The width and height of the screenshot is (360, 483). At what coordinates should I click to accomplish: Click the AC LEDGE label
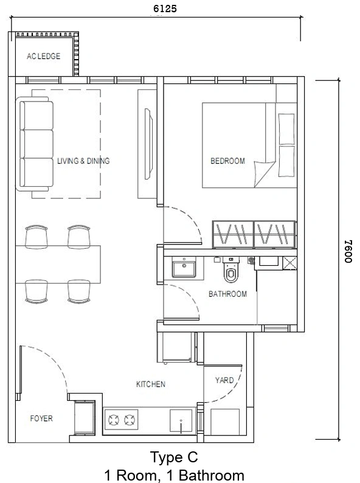pos(43,57)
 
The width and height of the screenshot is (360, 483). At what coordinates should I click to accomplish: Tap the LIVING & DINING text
pos(83,161)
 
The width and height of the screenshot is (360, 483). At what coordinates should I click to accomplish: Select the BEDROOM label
pos(227,161)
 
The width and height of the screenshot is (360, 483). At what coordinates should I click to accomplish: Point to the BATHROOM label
pos(227,294)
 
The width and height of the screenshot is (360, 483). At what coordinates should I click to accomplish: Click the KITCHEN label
pos(151,384)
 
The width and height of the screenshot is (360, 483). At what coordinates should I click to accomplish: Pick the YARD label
pos(224,380)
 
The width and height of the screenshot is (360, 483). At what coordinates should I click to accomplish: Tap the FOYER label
pos(41,419)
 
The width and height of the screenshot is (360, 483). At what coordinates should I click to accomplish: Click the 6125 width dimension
pos(165,9)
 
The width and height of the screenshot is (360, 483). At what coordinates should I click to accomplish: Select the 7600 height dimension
pos(348,251)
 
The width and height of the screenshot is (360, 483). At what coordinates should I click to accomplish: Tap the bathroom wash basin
pos(184,269)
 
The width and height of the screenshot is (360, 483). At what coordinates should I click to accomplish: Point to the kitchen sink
pos(181,421)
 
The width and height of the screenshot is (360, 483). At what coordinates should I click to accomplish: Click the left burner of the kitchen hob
pos(114,420)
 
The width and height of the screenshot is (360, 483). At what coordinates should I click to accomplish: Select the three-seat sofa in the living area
pos(35,144)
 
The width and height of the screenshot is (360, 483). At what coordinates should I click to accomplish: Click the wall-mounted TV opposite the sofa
pos(148,144)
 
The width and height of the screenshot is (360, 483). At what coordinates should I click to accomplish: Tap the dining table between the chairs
pos(58,264)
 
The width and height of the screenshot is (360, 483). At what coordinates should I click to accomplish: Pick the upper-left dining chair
pos(36,236)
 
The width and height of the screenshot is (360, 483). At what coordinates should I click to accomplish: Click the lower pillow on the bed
pos(286,161)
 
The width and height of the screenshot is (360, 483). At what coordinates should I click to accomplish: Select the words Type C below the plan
pos(174,457)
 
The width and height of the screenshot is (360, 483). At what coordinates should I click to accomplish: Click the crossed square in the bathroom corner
pos(290,263)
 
